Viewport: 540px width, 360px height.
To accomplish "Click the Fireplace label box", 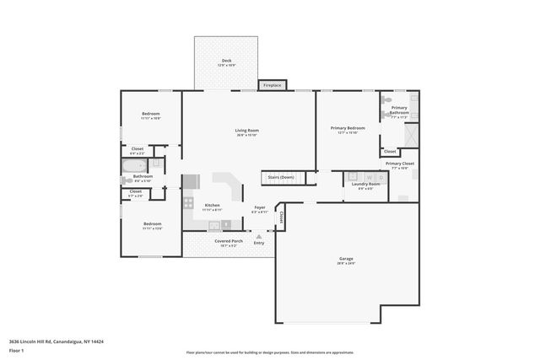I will click(x=272, y=85).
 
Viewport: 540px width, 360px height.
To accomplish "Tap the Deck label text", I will click(x=226, y=60).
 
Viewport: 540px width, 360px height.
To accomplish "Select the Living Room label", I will click(x=246, y=130).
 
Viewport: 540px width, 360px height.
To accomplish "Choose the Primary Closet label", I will click(x=399, y=164).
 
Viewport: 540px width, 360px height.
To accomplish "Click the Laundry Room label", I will click(x=365, y=184).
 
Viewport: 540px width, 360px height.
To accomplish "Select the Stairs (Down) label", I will click(x=280, y=177).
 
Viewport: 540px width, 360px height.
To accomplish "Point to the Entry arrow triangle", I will click(x=259, y=236).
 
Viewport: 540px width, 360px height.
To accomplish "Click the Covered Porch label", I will click(x=228, y=241).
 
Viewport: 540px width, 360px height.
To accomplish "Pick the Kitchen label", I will click(x=213, y=206).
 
